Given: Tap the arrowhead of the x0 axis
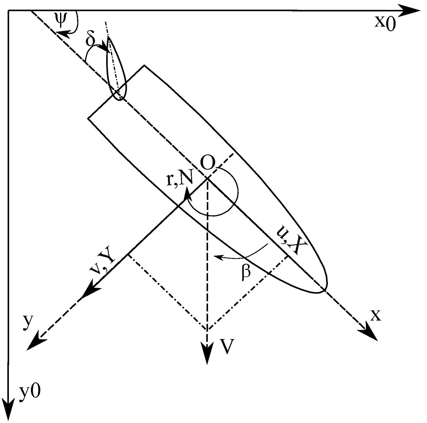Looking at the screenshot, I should (x=411, y=11).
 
